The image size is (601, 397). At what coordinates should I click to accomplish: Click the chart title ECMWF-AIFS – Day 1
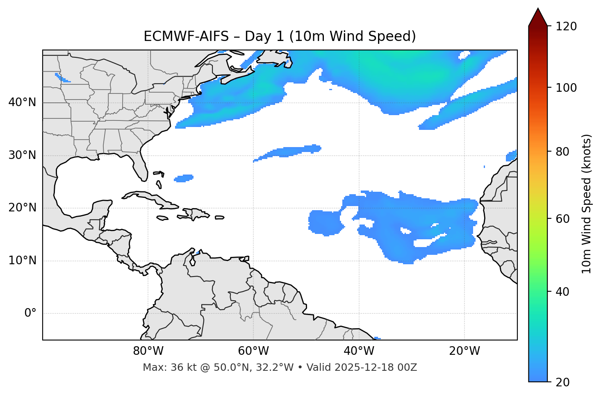[280, 36]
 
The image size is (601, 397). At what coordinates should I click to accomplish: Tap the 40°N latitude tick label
[22, 102]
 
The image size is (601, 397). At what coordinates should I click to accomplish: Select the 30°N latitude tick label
[22, 155]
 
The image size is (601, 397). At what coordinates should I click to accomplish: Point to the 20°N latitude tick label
[22, 208]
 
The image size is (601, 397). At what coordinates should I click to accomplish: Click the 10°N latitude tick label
[22, 261]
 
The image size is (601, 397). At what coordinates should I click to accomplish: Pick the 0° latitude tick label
[30, 313]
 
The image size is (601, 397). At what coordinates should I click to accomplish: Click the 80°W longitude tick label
[148, 351]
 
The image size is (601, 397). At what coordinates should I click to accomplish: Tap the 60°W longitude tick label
[253, 351]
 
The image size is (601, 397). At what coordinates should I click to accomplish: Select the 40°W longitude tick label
[359, 351]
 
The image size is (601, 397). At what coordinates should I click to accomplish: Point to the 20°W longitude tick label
[464, 351]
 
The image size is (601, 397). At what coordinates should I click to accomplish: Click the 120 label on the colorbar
[566, 27]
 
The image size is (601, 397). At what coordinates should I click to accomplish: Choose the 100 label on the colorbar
[566, 88]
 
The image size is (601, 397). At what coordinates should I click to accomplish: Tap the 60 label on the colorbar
[563, 219]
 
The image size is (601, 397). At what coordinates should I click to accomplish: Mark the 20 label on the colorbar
[563, 382]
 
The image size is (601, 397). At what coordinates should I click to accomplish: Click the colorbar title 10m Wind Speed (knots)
[587, 204]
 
